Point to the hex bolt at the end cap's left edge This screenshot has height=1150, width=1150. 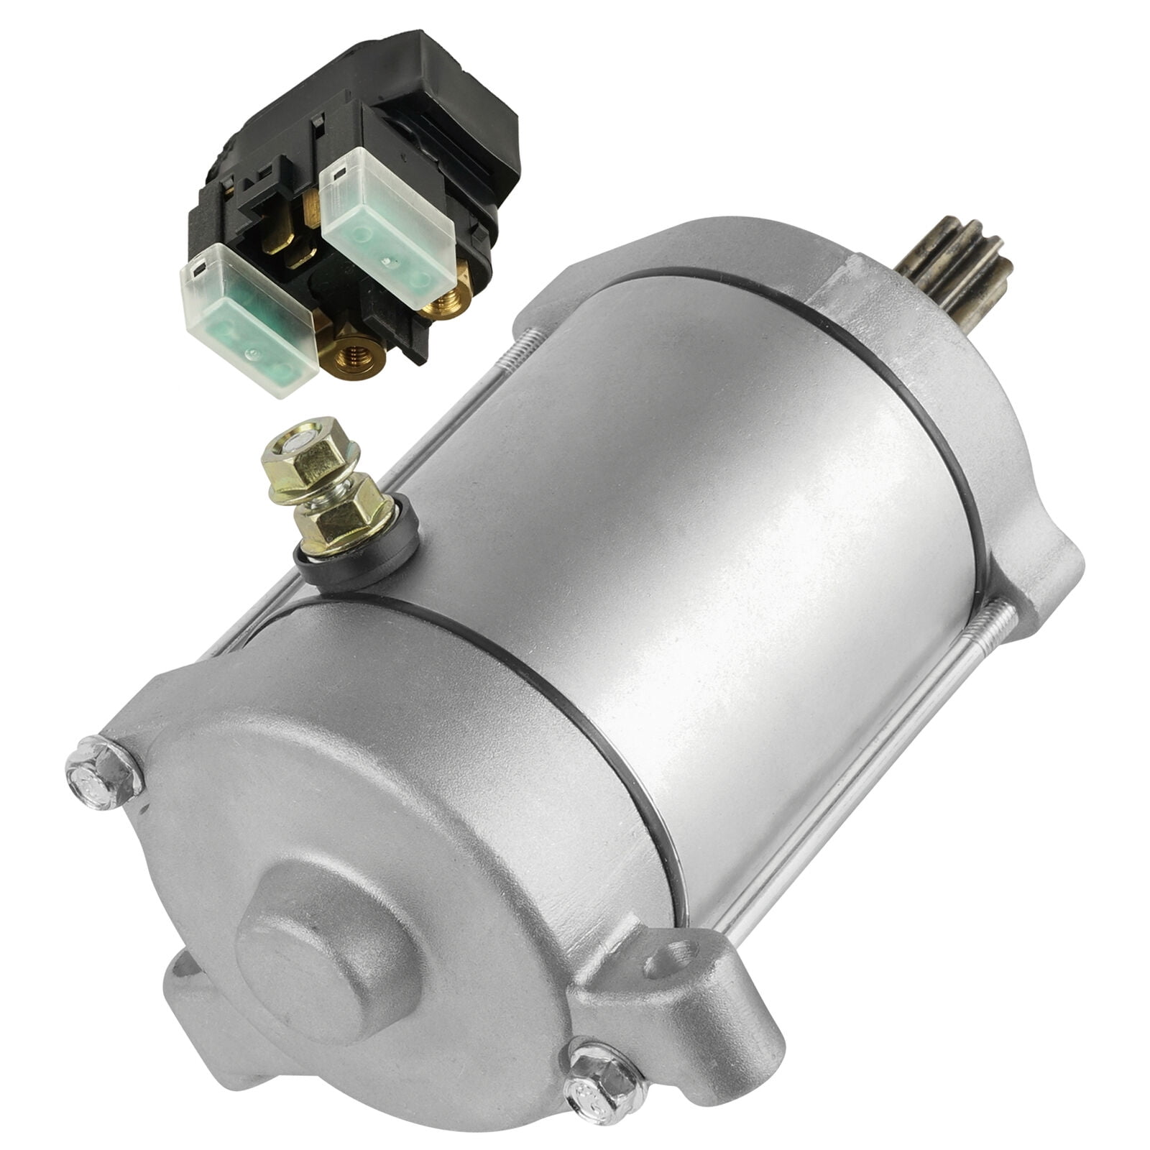103,773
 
